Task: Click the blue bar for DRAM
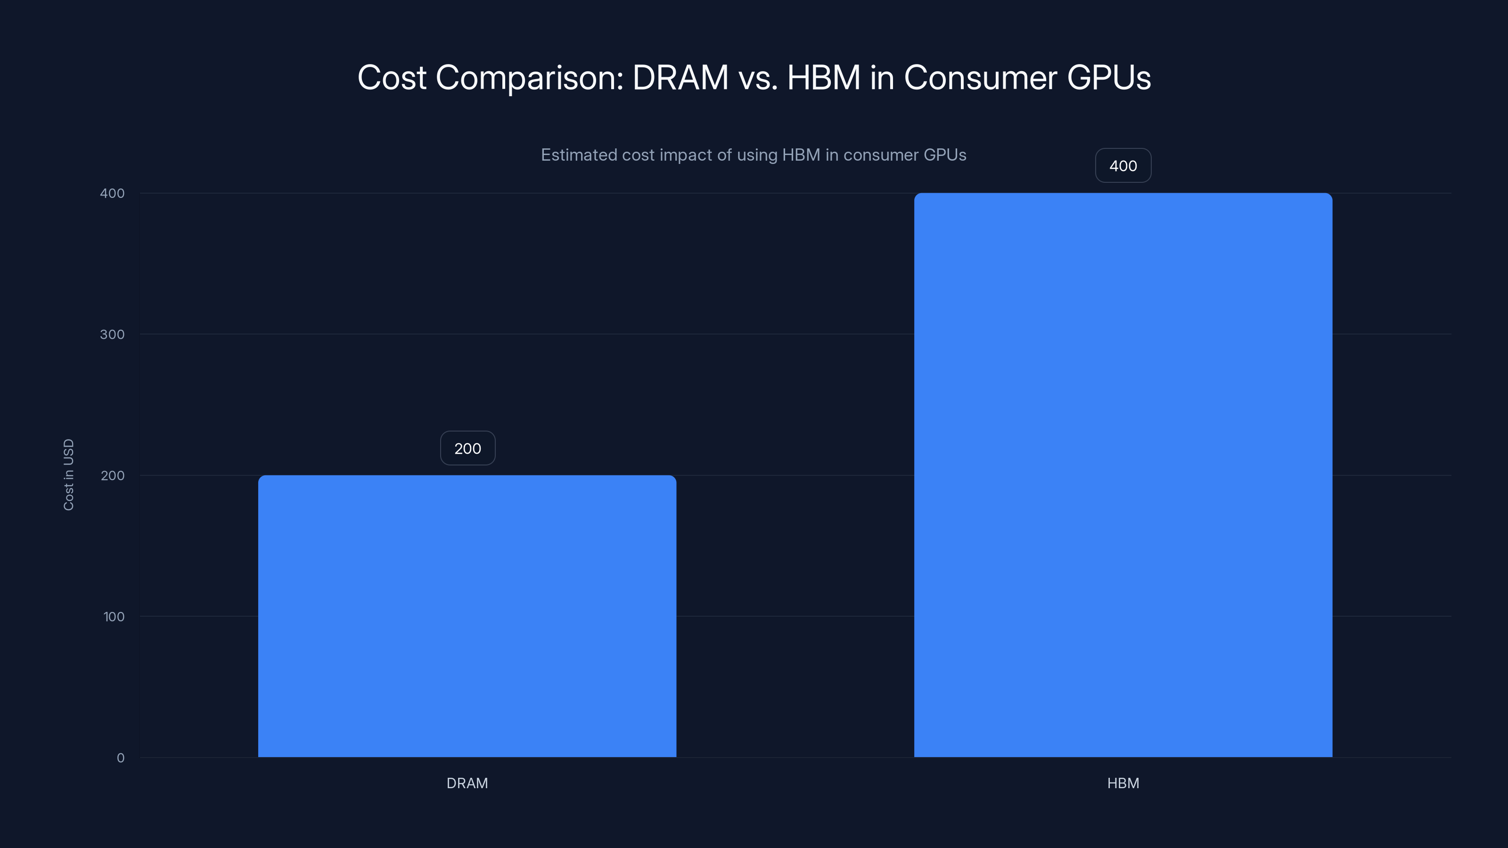click(467, 616)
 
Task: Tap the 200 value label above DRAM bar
click(467, 448)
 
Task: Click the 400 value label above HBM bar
click(1123, 166)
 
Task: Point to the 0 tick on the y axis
click(121, 758)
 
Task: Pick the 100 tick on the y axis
click(114, 616)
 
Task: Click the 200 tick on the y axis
click(113, 475)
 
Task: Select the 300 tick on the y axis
click(113, 334)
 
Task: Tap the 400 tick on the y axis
click(113, 193)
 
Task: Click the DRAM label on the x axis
click(467, 783)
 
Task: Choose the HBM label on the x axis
click(1123, 783)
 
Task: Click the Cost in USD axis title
click(68, 474)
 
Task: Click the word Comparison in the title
click(529, 78)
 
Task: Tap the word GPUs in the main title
click(1109, 78)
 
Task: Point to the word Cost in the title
click(392, 78)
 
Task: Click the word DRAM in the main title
click(680, 78)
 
